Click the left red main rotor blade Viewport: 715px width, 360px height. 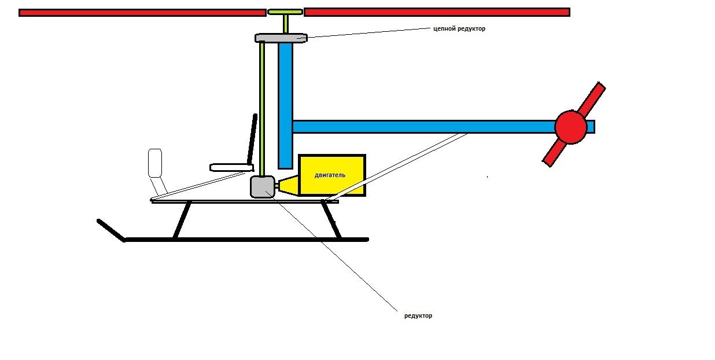[142, 13]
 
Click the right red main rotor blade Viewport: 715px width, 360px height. [437, 12]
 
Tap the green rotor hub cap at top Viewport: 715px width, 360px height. [285, 12]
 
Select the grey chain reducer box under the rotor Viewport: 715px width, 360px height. [281, 38]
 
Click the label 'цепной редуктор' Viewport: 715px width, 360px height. [459, 29]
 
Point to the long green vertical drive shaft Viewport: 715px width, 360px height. [262, 109]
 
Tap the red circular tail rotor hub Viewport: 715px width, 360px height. [571, 127]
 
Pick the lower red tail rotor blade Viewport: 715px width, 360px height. [554, 154]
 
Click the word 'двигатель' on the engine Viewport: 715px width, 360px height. [330, 175]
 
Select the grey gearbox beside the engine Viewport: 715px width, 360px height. [263, 187]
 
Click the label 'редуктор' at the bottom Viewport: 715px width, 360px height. [418, 315]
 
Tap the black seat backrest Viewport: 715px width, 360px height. [252, 139]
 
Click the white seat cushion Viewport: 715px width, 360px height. [231, 167]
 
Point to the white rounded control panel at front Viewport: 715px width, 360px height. [155, 163]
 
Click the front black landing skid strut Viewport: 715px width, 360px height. [182, 221]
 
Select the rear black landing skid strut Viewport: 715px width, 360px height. [331, 220]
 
